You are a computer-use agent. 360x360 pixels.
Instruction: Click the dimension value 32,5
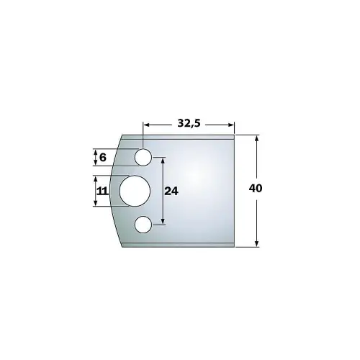(x=189, y=123)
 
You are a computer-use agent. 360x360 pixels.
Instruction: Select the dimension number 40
(x=255, y=189)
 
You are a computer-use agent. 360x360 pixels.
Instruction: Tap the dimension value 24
(x=171, y=192)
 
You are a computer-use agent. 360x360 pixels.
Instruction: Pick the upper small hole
(x=143, y=156)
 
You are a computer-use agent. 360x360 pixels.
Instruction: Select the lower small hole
(x=143, y=225)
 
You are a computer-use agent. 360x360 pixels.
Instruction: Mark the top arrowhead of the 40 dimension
(x=257, y=137)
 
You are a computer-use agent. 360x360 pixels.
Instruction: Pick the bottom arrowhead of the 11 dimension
(x=95, y=204)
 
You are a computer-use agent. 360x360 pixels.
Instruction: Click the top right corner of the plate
(x=235, y=135)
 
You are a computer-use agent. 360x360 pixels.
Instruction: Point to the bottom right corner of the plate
(x=235, y=246)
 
